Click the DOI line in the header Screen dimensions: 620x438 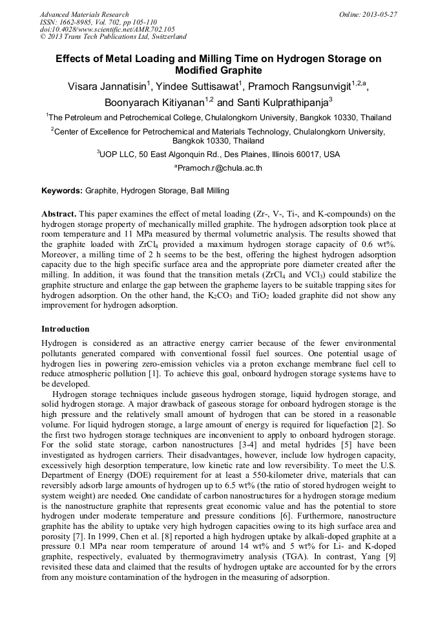pos(107,29)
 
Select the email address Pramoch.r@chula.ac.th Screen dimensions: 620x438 pos(220,168)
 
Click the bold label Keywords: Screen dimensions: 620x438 pos(62,191)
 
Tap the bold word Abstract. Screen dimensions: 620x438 pos(60,213)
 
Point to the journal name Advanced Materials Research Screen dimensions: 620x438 pos(85,14)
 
